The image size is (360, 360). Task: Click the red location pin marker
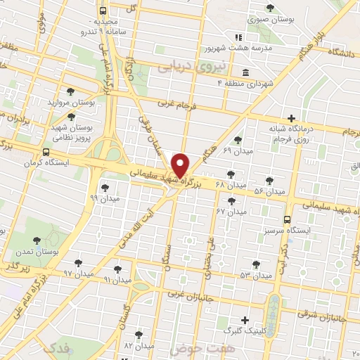[181, 165]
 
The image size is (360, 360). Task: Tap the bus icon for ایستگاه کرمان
[46, 152]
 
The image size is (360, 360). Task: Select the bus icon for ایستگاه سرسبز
[287, 219]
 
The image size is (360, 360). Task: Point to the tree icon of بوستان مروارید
[70, 92]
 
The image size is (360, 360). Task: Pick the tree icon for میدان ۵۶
[270, 181]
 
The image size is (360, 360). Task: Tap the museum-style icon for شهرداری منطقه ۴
[244, 73]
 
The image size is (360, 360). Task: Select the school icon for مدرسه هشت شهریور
[238, 37]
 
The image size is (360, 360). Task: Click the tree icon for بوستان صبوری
[270, 8]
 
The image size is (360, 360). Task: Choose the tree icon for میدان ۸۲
[139, 335]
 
